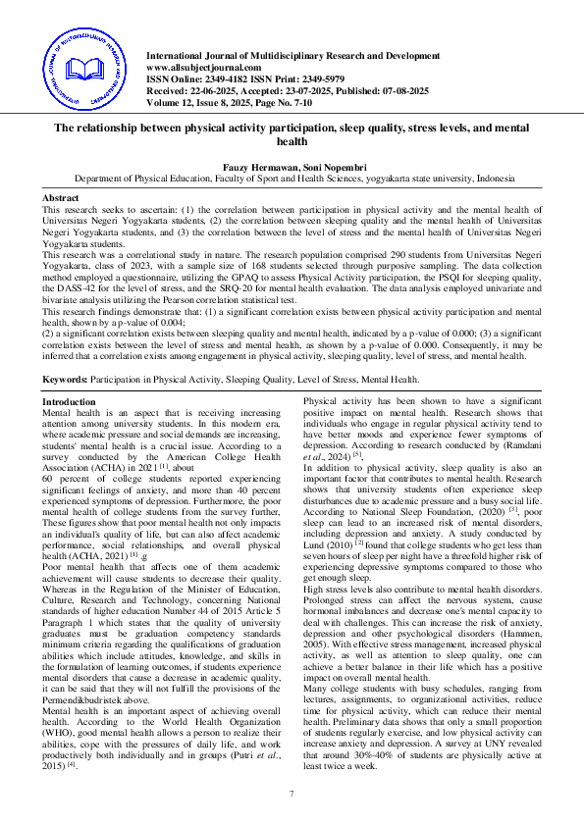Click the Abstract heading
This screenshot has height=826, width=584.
[61, 198]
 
